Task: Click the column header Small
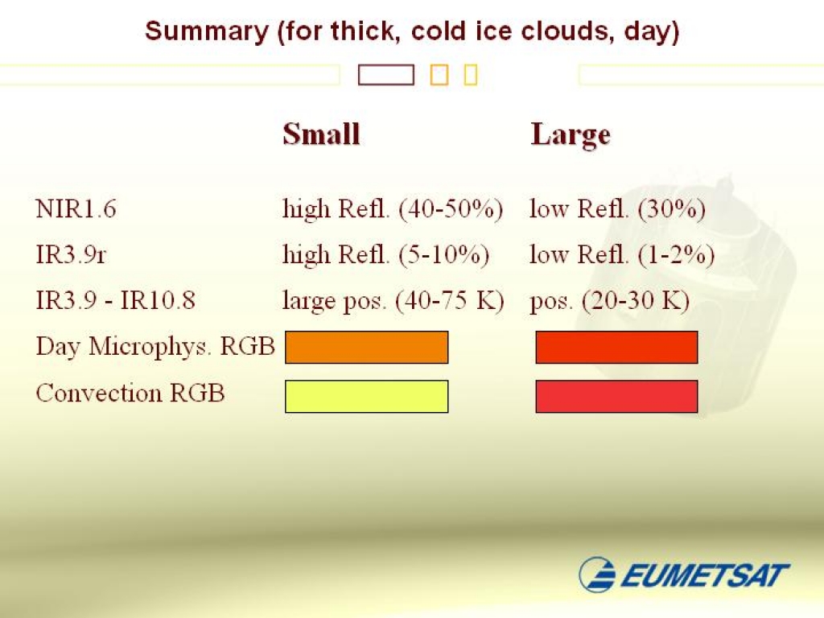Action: tap(321, 134)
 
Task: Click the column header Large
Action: tap(571, 135)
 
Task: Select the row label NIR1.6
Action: tap(76, 208)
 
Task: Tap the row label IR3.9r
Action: tap(71, 255)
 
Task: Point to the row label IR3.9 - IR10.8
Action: tap(116, 301)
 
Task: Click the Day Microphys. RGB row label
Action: tap(155, 347)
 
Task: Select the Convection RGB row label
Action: tap(130, 393)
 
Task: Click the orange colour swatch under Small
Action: tap(367, 348)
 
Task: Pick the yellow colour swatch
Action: tap(367, 397)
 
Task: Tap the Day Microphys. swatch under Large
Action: tap(617, 348)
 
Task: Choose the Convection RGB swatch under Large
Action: tap(617, 397)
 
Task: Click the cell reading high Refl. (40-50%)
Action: tap(393, 209)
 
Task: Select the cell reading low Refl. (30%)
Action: tap(617, 209)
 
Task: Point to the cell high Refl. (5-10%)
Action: tap(385, 255)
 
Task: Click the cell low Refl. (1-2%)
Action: tap(622, 255)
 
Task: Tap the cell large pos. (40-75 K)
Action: tap(393, 301)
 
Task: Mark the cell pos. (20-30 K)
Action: tap(610, 302)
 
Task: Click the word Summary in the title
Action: tap(207, 31)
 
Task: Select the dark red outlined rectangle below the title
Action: tap(385, 75)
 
